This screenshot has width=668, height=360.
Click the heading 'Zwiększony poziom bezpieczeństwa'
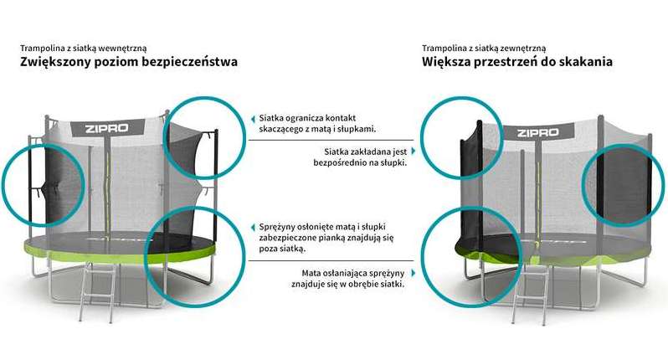pyautogui.click(x=129, y=63)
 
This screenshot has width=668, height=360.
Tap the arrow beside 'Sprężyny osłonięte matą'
pyautogui.click(x=254, y=227)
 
